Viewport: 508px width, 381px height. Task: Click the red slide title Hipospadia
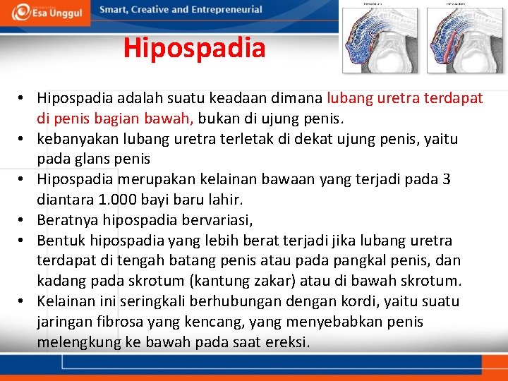click(x=194, y=49)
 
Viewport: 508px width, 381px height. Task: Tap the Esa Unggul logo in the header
click(x=45, y=12)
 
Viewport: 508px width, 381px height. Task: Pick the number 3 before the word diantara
click(x=446, y=179)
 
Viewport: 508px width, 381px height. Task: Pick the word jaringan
click(x=64, y=322)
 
